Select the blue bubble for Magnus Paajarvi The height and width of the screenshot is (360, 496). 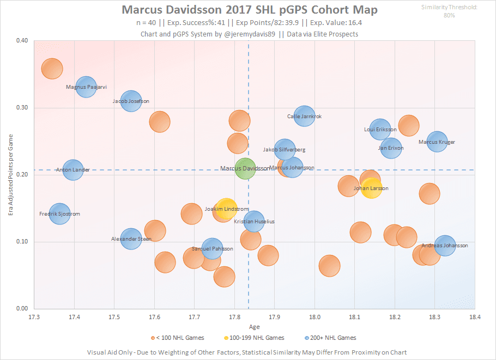click(x=86, y=86)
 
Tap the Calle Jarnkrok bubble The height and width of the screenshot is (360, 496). click(x=304, y=116)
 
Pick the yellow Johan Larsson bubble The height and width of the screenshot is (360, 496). click(x=371, y=188)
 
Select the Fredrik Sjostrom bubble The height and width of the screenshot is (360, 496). click(x=60, y=214)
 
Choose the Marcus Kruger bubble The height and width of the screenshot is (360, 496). click(x=437, y=142)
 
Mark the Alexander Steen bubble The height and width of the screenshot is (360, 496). click(x=131, y=239)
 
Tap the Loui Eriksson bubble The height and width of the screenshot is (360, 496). click(x=380, y=130)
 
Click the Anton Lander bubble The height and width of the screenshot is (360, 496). click(x=73, y=170)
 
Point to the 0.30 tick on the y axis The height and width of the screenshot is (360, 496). click(x=22, y=108)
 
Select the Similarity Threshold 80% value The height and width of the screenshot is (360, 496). click(x=450, y=15)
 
